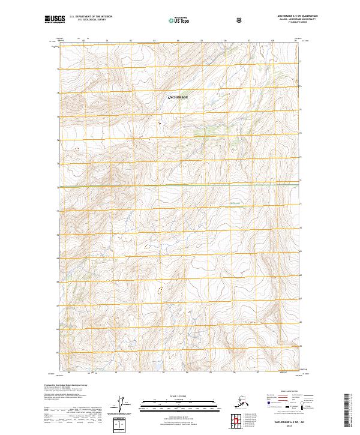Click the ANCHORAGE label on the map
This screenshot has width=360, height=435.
177,97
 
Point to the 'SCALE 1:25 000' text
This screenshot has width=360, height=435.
179,395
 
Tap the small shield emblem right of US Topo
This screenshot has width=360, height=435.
239,20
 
